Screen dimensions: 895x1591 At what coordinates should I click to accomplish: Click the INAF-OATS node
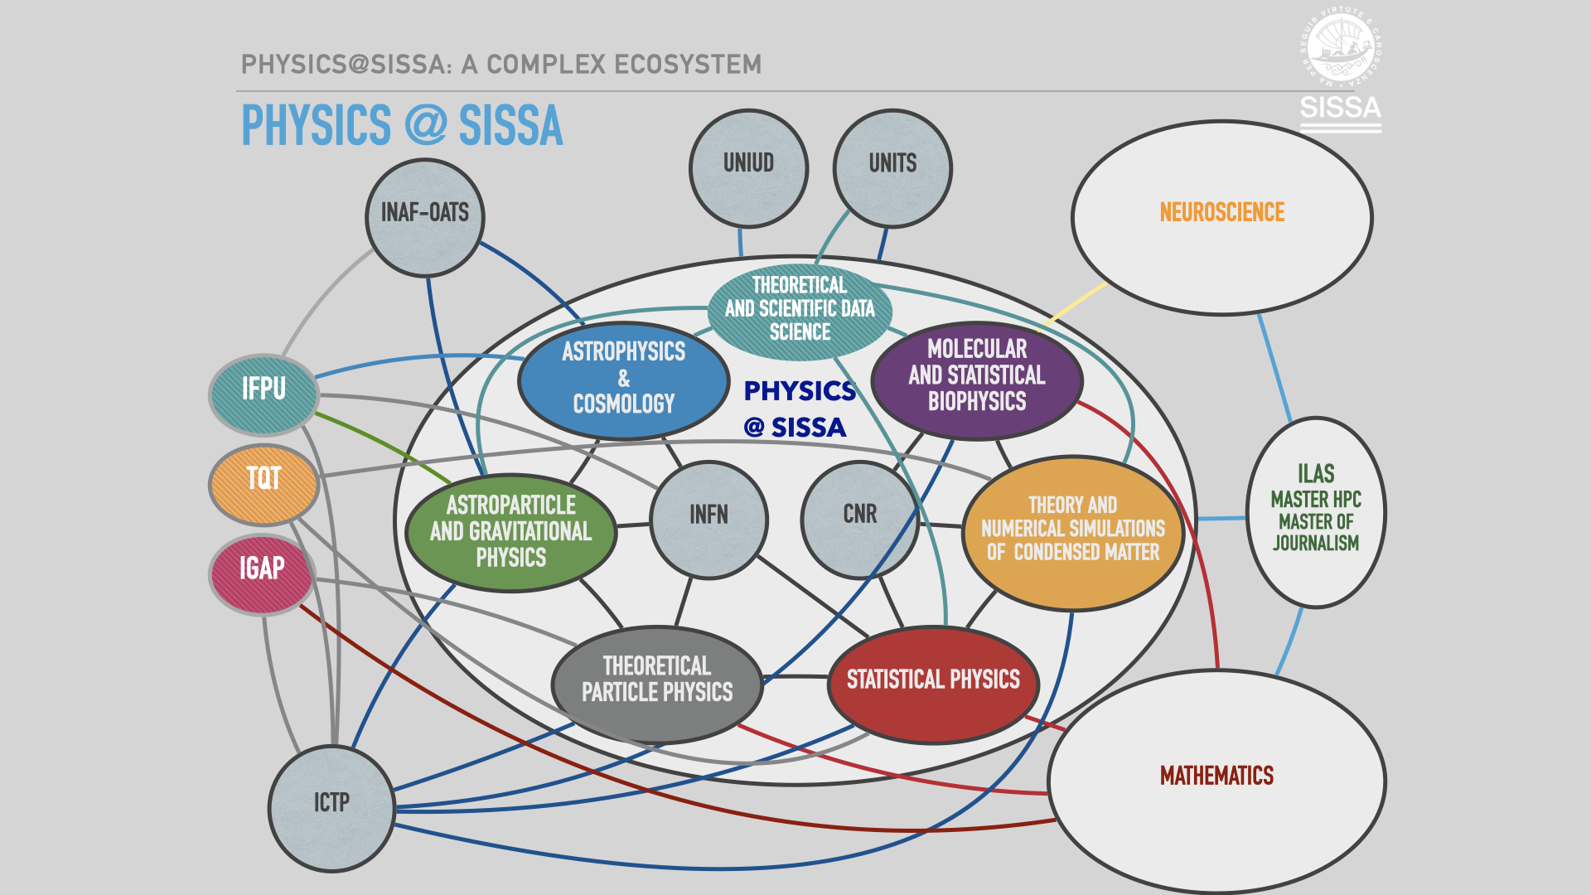[x=424, y=217]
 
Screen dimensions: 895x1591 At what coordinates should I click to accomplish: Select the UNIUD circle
[x=748, y=168]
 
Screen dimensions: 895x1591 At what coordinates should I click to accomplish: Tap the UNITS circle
[x=892, y=168]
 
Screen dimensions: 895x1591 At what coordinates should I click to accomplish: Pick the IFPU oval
[x=264, y=394]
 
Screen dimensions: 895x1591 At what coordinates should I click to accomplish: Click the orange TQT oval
[x=264, y=485]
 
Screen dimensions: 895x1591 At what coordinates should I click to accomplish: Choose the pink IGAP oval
[x=262, y=574]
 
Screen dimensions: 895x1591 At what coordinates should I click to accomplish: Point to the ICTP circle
[x=331, y=808]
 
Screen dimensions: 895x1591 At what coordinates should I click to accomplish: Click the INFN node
[x=708, y=520]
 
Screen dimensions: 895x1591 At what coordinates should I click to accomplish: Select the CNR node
[x=859, y=520]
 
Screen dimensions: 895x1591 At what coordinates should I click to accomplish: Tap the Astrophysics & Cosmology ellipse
[x=623, y=380]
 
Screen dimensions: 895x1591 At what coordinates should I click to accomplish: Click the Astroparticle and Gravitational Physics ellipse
[x=511, y=532]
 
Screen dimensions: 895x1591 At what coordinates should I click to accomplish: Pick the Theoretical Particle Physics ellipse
[x=656, y=684]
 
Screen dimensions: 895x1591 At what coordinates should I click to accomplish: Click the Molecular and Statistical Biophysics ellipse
[x=977, y=380]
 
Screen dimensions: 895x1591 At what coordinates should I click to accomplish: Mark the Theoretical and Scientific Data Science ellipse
[x=800, y=311]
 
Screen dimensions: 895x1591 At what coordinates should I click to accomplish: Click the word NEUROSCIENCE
[x=1221, y=213]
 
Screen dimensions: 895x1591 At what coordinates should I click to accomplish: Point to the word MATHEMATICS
[x=1216, y=776]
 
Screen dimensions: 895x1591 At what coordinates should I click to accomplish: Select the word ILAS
[x=1316, y=473]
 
